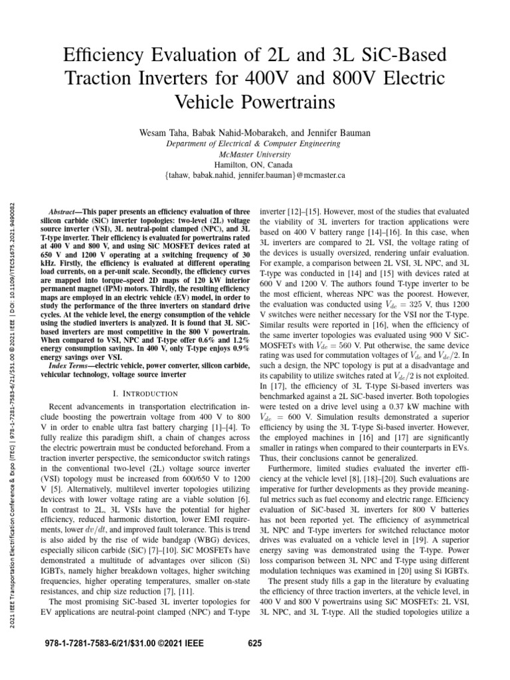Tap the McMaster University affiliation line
[254, 154]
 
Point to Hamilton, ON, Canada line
[254, 165]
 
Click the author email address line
[254, 176]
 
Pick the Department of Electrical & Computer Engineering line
[254, 143]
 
